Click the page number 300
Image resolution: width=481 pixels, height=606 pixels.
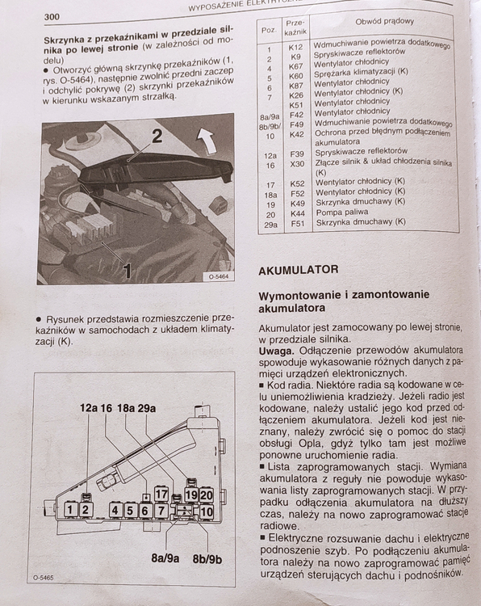pos(52,17)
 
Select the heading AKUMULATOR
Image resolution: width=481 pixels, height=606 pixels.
pos(298,270)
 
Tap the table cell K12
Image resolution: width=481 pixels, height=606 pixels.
pos(295,47)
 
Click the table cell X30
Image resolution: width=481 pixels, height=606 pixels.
pos(297,164)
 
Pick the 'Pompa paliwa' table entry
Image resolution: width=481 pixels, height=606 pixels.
pos(342,213)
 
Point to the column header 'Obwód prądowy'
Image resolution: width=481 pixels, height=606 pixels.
pos(384,21)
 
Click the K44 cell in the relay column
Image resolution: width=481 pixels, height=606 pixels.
pos(298,213)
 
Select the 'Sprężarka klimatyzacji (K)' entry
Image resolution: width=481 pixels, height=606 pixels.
pos(361,73)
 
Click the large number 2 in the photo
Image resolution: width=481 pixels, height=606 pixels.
pos(157,136)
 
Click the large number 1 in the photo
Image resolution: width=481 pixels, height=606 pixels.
pos(127,271)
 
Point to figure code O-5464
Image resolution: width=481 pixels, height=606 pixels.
pos(219,276)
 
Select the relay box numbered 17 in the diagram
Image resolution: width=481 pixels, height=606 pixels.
pos(161,494)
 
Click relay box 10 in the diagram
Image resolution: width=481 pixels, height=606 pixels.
pos(206,512)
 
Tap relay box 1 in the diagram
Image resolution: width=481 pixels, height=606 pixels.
pos(70,509)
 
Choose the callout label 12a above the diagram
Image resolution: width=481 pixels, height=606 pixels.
pos(89,408)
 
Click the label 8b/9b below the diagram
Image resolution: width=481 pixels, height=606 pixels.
pos(207,559)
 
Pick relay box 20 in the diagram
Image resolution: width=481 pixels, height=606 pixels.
pos(206,495)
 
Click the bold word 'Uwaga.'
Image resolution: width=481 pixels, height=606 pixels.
pos(277,351)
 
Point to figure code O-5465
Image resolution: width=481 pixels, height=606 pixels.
pos(44,578)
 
